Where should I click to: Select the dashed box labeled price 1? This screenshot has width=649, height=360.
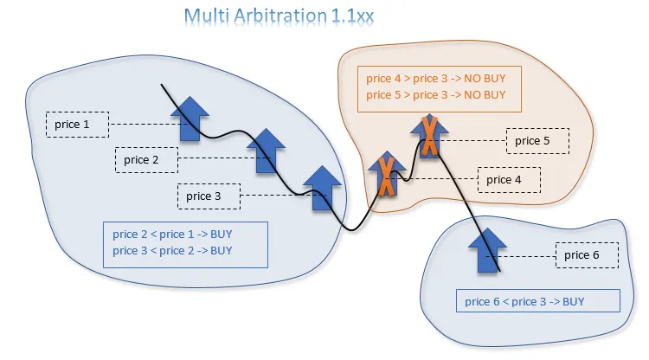[77, 125]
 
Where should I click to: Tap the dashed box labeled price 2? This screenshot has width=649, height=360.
[147, 160]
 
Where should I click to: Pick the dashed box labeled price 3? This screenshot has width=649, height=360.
[209, 196]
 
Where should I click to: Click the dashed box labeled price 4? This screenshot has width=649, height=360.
[509, 180]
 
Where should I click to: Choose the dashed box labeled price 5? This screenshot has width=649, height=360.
[537, 140]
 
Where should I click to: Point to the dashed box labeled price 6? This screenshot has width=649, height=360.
[586, 254]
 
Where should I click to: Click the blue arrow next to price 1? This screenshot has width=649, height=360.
[191, 119]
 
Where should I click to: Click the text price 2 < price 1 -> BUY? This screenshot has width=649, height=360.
[172, 235]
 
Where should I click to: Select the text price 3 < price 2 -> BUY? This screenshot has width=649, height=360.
[172, 251]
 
